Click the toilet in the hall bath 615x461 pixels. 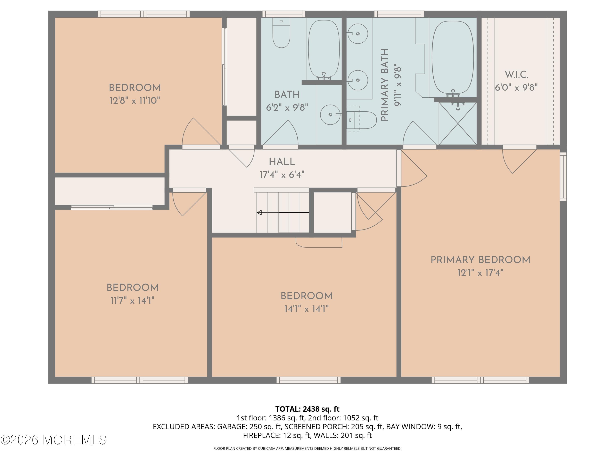click(281, 33)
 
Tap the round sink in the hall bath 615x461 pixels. click(330, 115)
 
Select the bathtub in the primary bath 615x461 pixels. click(453, 58)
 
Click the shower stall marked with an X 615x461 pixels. click(458, 124)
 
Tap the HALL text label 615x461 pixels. click(282, 162)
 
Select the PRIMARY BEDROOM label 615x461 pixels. click(480, 260)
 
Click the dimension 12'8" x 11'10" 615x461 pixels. click(135, 101)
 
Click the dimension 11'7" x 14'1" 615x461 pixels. click(132, 300)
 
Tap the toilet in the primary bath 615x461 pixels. click(361, 120)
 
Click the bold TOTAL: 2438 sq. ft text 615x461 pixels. click(307, 409)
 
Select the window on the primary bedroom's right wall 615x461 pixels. click(563, 176)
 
